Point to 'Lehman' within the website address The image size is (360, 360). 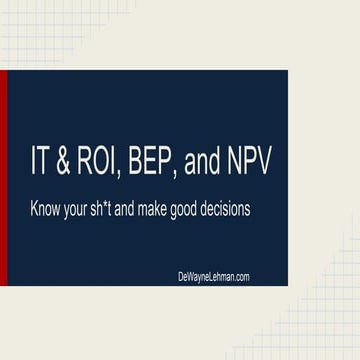[213, 277]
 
